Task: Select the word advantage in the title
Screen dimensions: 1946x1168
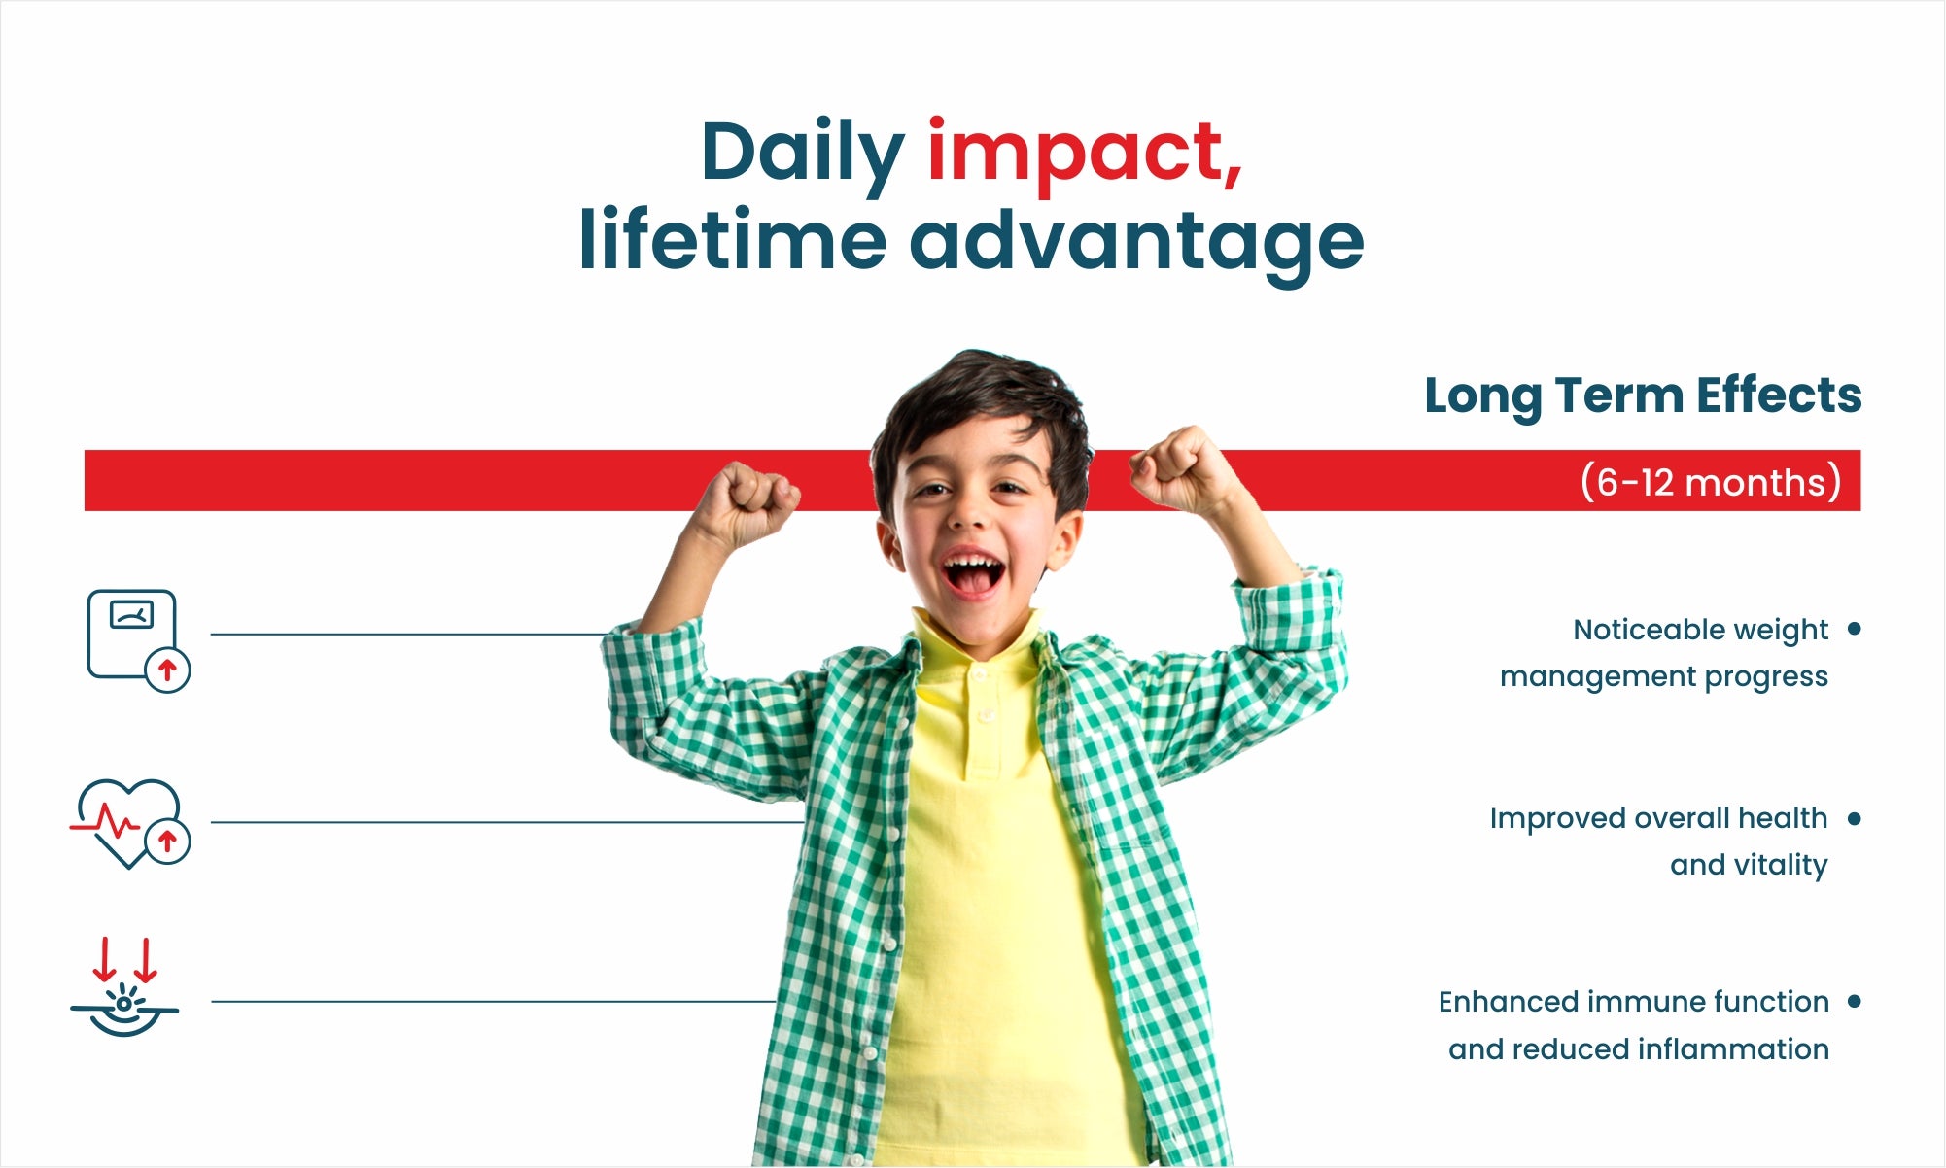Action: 1136,241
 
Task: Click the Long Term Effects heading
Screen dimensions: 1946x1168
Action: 1643,396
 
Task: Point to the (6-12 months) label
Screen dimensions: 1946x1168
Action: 1711,482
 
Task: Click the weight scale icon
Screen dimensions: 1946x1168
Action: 138,640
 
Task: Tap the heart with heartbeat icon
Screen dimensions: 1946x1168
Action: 130,823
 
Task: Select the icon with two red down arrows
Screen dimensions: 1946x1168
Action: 124,986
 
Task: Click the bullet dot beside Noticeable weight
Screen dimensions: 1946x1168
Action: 1854,629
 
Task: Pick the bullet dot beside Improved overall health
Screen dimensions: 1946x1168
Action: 1854,818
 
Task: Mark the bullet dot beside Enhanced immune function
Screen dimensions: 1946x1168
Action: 1854,1001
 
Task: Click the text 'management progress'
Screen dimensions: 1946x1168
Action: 1663,676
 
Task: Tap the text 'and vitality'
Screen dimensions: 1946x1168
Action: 1749,865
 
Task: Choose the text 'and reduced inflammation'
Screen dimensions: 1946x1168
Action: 1639,1049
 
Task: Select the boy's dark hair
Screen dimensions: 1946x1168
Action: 982,408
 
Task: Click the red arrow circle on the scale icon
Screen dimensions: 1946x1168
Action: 167,670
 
